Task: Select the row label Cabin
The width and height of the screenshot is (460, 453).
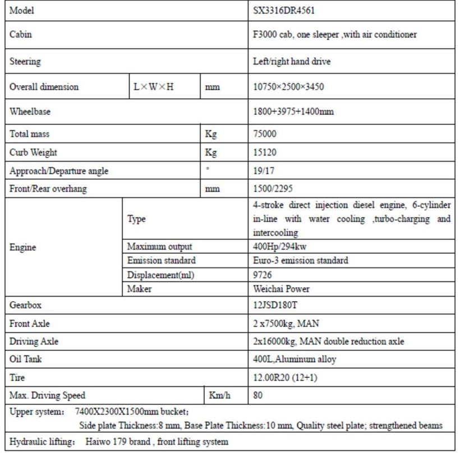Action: point(21,35)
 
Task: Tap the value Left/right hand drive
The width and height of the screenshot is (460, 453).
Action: point(292,62)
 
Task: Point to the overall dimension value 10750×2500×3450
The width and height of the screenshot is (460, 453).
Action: point(288,87)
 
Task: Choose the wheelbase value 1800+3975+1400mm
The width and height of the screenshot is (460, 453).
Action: point(293,112)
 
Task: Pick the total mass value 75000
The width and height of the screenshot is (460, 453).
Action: point(265,135)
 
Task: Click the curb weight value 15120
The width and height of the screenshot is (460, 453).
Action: point(265,152)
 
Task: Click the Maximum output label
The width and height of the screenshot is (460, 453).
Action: point(160,247)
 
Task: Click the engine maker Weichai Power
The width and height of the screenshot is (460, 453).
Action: point(281,289)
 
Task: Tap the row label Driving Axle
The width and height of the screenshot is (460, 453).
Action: point(34,341)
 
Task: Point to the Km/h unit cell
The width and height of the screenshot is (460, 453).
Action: point(219,396)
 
